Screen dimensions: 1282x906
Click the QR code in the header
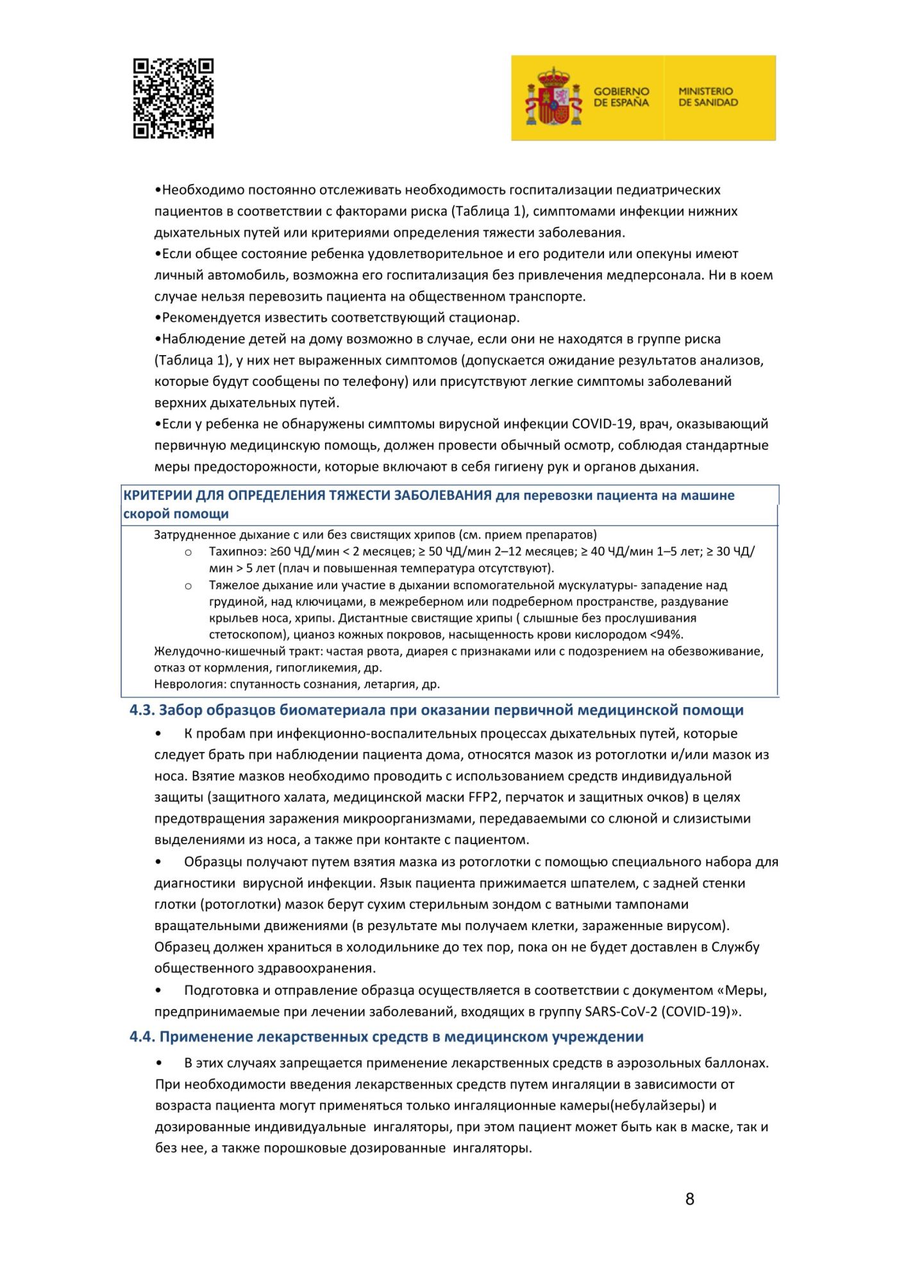pyautogui.click(x=173, y=99)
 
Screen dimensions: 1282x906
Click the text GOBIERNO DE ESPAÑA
pyautogui.click(x=621, y=97)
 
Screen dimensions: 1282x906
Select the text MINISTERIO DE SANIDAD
pyautogui.click(x=708, y=97)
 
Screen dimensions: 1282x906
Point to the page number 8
pyautogui.click(x=689, y=1199)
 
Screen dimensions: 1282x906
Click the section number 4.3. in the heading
pyautogui.click(x=142, y=710)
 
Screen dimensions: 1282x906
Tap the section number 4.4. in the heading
pyautogui.click(x=142, y=1036)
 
